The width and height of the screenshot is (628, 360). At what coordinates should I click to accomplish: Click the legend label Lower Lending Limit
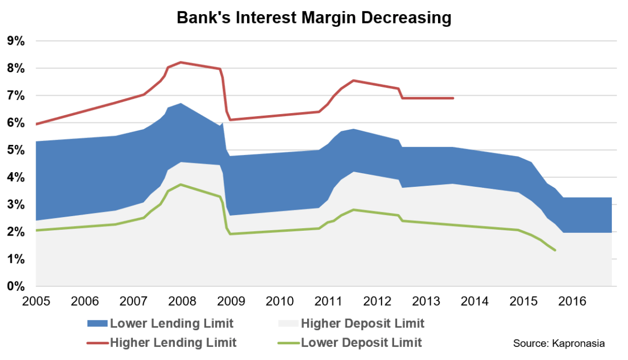click(172, 323)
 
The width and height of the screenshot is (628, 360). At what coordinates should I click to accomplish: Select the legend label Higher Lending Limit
click(173, 343)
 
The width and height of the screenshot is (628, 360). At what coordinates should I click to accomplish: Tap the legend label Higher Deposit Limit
click(363, 323)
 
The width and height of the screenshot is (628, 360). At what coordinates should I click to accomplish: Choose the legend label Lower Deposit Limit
click(362, 343)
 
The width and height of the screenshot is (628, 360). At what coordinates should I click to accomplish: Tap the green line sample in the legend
click(287, 343)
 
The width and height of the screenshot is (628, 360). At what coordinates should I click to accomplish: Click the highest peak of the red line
click(181, 62)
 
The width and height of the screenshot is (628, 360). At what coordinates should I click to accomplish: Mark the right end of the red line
click(453, 98)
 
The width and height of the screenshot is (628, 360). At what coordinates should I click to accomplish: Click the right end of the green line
click(555, 251)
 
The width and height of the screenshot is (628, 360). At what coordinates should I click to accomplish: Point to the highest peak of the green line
click(181, 184)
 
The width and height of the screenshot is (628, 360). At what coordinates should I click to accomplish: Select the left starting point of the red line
click(36, 125)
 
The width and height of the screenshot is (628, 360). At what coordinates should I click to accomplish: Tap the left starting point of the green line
click(36, 230)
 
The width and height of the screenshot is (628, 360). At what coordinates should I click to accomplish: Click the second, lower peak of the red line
click(354, 80)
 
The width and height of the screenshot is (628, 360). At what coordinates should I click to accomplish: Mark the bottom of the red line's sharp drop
click(230, 120)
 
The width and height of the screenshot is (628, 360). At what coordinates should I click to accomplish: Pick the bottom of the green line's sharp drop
click(230, 234)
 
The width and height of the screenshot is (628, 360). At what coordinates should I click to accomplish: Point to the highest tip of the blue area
click(181, 103)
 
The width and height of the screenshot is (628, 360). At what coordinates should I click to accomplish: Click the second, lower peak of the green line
click(354, 209)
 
